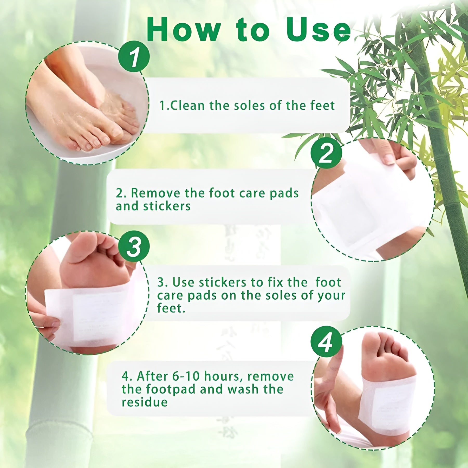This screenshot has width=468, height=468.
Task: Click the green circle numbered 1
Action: [x=134, y=56]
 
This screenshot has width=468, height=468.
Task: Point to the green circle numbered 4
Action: [x=326, y=342]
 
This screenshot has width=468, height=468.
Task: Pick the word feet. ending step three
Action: [x=171, y=308]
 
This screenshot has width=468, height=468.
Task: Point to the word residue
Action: [x=145, y=402]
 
